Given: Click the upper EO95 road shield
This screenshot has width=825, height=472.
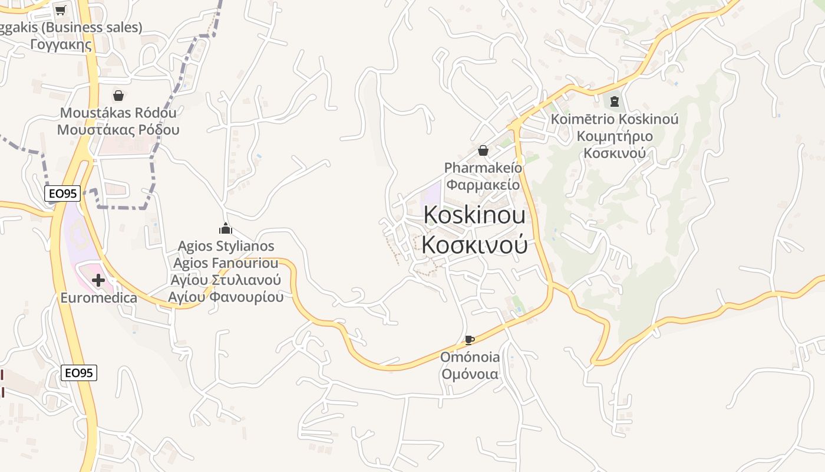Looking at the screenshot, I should click(x=62, y=193).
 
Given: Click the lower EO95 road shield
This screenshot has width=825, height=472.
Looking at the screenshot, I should click(x=79, y=372).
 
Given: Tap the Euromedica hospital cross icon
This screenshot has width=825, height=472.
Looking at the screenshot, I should click(x=98, y=280).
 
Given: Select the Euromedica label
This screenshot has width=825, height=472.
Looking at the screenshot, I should click(x=99, y=297).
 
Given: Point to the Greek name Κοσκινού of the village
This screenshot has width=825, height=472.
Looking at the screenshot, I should click(x=474, y=245).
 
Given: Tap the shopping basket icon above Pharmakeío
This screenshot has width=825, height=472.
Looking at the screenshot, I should click(x=483, y=150).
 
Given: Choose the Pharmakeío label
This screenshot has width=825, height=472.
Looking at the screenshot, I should click(x=483, y=168).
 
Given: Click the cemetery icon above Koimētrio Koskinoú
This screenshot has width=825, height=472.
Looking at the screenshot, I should click(x=615, y=101).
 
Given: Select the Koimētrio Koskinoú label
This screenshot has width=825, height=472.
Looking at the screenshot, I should click(x=615, y=119).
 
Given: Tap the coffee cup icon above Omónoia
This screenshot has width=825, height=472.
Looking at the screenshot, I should click(x=470, y=340).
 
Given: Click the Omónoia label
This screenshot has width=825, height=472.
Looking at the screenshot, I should click(x=470, y=357).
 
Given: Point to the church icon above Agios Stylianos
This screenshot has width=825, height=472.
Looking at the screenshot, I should click(x=226, y=228).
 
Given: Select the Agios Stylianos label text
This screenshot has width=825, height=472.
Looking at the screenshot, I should click(x=226, y=245).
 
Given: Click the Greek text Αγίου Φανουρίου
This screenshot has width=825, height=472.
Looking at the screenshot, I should click(x=226, y=297).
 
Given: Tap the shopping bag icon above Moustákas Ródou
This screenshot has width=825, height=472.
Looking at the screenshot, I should click(x=118, y=96).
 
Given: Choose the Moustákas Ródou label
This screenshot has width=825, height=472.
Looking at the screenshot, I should click(x=118, y=112).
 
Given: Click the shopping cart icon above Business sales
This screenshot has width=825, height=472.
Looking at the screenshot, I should click(x=60, y=10).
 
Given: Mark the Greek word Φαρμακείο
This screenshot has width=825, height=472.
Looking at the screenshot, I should click(x=483, y=185).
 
